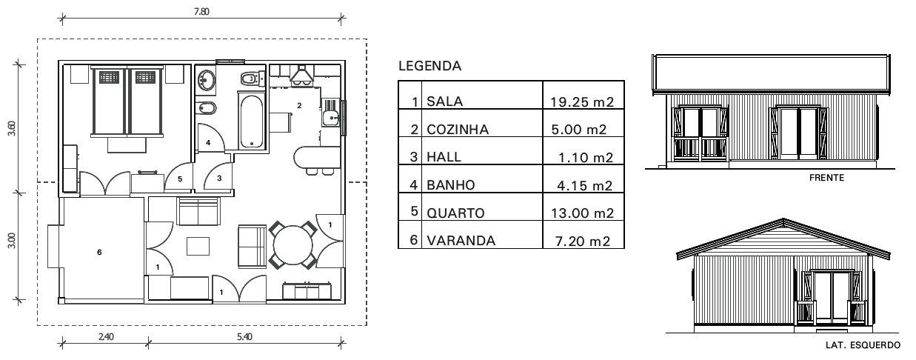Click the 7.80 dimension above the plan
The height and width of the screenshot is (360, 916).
click(x=200, y=12)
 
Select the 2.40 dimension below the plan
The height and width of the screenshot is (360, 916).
click(x=106, y=336)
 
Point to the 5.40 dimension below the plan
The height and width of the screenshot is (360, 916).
click(x=244, y=336)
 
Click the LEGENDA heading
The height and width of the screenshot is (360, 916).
click(x=429, y=67)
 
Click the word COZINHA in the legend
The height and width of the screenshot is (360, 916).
click(x=457, y=130)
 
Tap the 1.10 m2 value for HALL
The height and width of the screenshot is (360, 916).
click(x=588, y=157)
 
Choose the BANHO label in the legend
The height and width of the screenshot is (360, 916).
click(x=449, y=185)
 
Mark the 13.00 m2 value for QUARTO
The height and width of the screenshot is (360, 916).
click(x=583, y=213)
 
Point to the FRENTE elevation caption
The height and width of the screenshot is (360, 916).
click(x=826, y=178)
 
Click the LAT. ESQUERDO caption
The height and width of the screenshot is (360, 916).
click(x=862, y=344)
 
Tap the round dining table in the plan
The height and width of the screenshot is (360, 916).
click(x=294, y=245)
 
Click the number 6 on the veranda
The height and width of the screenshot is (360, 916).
click(x=99, y=252)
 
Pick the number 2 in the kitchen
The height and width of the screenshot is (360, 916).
click(x=299, y=106)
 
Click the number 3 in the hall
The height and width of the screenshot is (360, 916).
click(x=219, y=178)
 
